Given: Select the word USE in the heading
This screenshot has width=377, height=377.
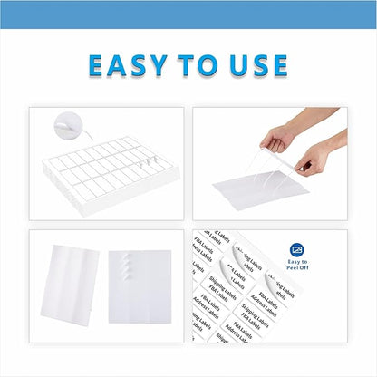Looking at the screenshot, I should [x=258, y=65].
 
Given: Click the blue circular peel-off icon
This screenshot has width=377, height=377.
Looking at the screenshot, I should [x=297, y=250].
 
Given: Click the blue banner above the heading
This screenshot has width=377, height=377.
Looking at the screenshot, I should [x=188, y=14].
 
